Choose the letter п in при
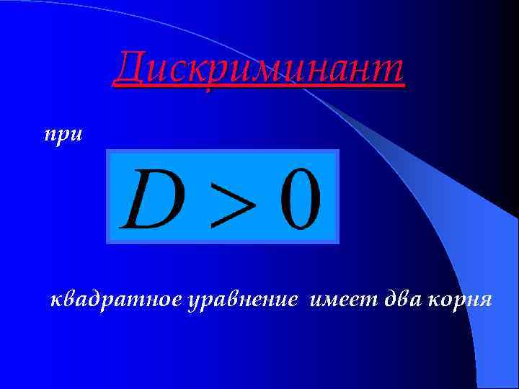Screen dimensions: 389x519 [x=50, y=135]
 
